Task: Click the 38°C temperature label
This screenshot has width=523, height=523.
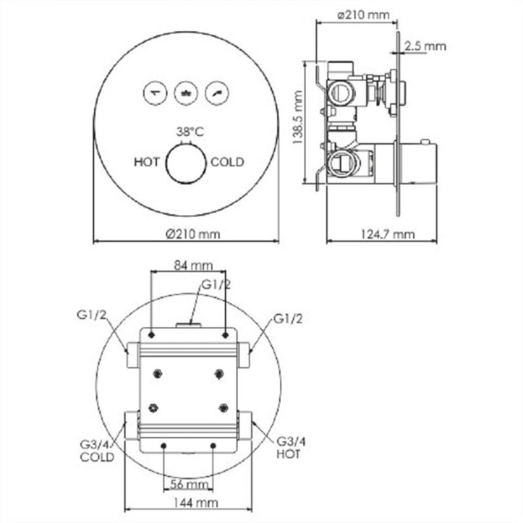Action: click(x=190, y=132)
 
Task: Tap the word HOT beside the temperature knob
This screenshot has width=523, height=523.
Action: click(x=147, y=162)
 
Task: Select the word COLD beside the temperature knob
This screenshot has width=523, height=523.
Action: click(x=227, y=162)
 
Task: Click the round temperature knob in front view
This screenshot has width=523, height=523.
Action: click(x=186, y=164)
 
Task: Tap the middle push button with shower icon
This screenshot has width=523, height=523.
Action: click(x=186, y=93)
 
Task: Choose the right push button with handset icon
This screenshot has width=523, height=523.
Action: click(x=217, y=93)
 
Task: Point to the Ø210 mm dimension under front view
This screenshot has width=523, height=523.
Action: click(x=193, y=234)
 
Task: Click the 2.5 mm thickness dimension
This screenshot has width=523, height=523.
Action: click(x=425, y=46)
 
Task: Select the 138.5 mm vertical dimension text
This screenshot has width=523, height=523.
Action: click(x=298, y=117)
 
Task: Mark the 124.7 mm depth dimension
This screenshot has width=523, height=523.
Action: click(x=388, y=234)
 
